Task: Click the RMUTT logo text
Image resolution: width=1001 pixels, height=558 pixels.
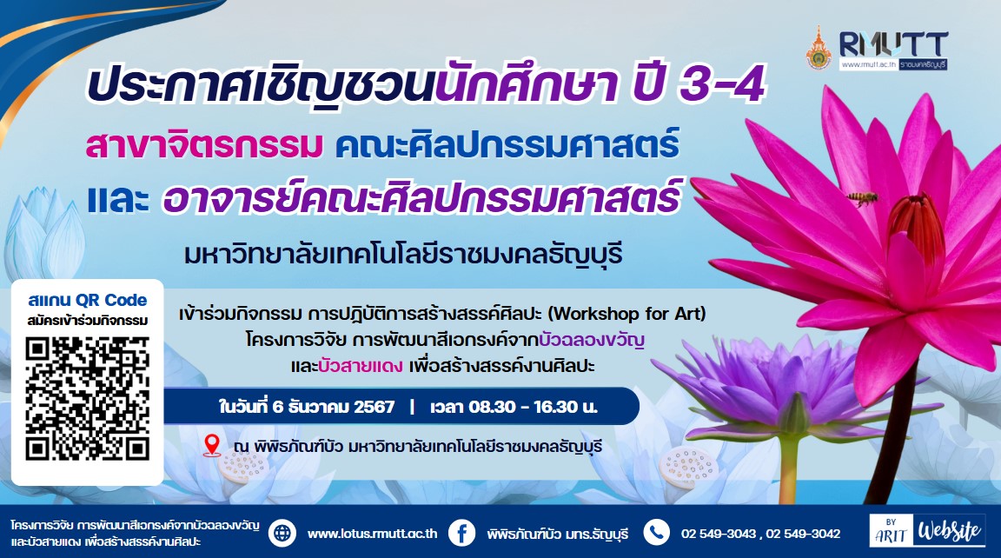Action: (x=892, y=44)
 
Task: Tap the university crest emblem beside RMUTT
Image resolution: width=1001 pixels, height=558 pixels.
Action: (x=819, y=48)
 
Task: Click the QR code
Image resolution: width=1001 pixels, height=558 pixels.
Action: (x=88, y=398)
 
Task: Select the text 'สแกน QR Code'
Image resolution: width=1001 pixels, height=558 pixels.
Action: (x=88, y=300)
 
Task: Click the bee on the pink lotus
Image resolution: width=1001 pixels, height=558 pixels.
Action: (x=863, y=198)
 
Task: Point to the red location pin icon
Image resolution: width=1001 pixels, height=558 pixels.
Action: (x=211, y=445)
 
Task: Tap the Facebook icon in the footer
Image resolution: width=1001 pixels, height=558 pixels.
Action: (x=461, y=533)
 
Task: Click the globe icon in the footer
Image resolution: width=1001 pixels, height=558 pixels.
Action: (x=282, y=533)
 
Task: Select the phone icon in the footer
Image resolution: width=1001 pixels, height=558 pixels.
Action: (x=656, y=533)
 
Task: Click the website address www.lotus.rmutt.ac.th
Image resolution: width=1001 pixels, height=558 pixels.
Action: (x=372, y=534)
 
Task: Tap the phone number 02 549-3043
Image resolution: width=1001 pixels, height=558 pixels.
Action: (x=719, y=534)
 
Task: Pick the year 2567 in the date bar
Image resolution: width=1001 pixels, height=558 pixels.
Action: (x=375, y=407)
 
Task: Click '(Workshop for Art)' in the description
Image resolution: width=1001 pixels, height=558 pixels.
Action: (x=627, y=314)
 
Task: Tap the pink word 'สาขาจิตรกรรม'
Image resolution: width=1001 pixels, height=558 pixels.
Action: (x=204, y=145)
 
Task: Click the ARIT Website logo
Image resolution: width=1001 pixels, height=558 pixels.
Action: (x=927, y=530)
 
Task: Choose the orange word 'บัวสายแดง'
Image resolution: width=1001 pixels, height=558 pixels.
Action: (x=360, y=366)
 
